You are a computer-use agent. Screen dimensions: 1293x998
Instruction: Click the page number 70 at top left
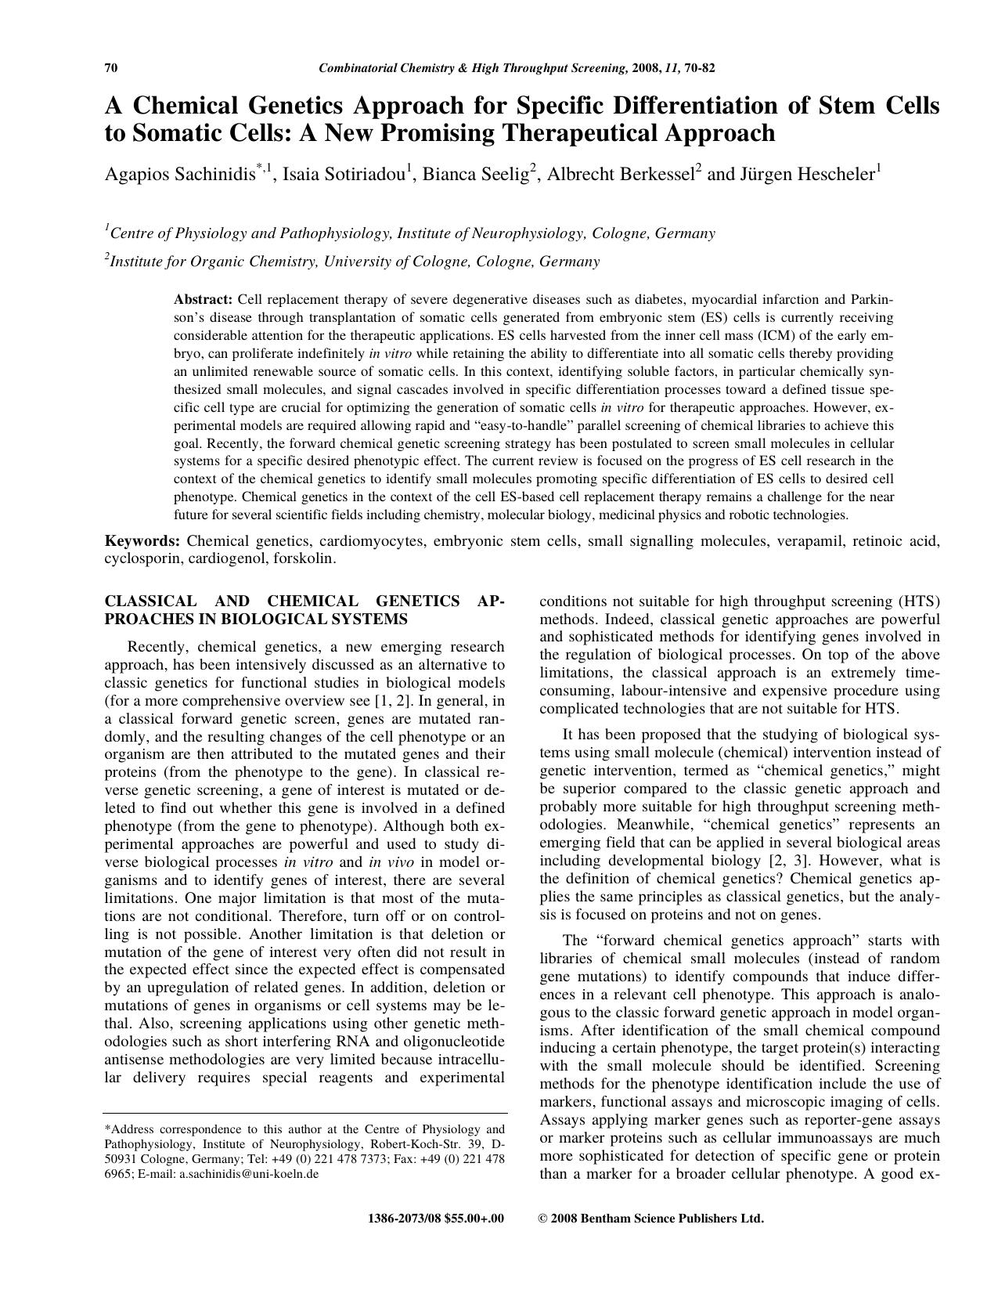(111, 68)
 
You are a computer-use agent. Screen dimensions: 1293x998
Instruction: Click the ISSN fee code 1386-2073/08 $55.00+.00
(435, 1218)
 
